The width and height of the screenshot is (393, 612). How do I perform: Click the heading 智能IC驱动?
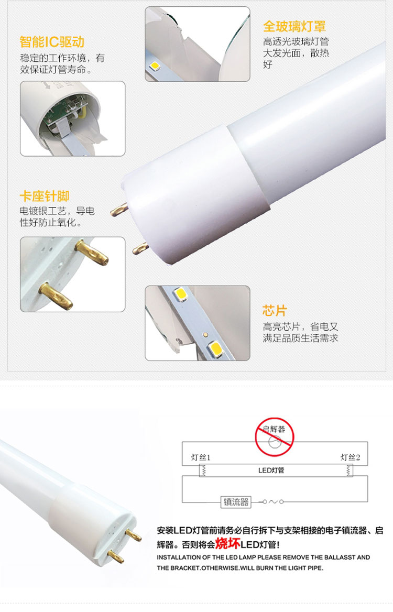[x=52, y=42]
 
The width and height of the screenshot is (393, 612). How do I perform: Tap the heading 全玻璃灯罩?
[x=294, y=26]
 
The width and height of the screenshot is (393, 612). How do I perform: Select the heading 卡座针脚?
[x=45, y=196]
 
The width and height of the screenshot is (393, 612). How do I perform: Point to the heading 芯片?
[x=275, y=311]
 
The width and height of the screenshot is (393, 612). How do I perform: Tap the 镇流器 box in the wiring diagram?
[x=236, y=502]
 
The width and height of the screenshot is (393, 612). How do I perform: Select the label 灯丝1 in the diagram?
[x=201, y=457]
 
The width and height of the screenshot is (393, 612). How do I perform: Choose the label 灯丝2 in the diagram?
[x=350, y=457]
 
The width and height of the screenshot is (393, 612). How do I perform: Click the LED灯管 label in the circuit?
[x=271, y=471]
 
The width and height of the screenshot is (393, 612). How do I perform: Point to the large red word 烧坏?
[x=227, y=543]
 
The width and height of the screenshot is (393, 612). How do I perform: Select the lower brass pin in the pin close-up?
[x=56, y=296]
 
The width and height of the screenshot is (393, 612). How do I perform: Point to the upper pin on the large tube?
[x=119, y=211]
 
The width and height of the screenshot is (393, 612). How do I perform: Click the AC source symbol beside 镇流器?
[x=273, y=501]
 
